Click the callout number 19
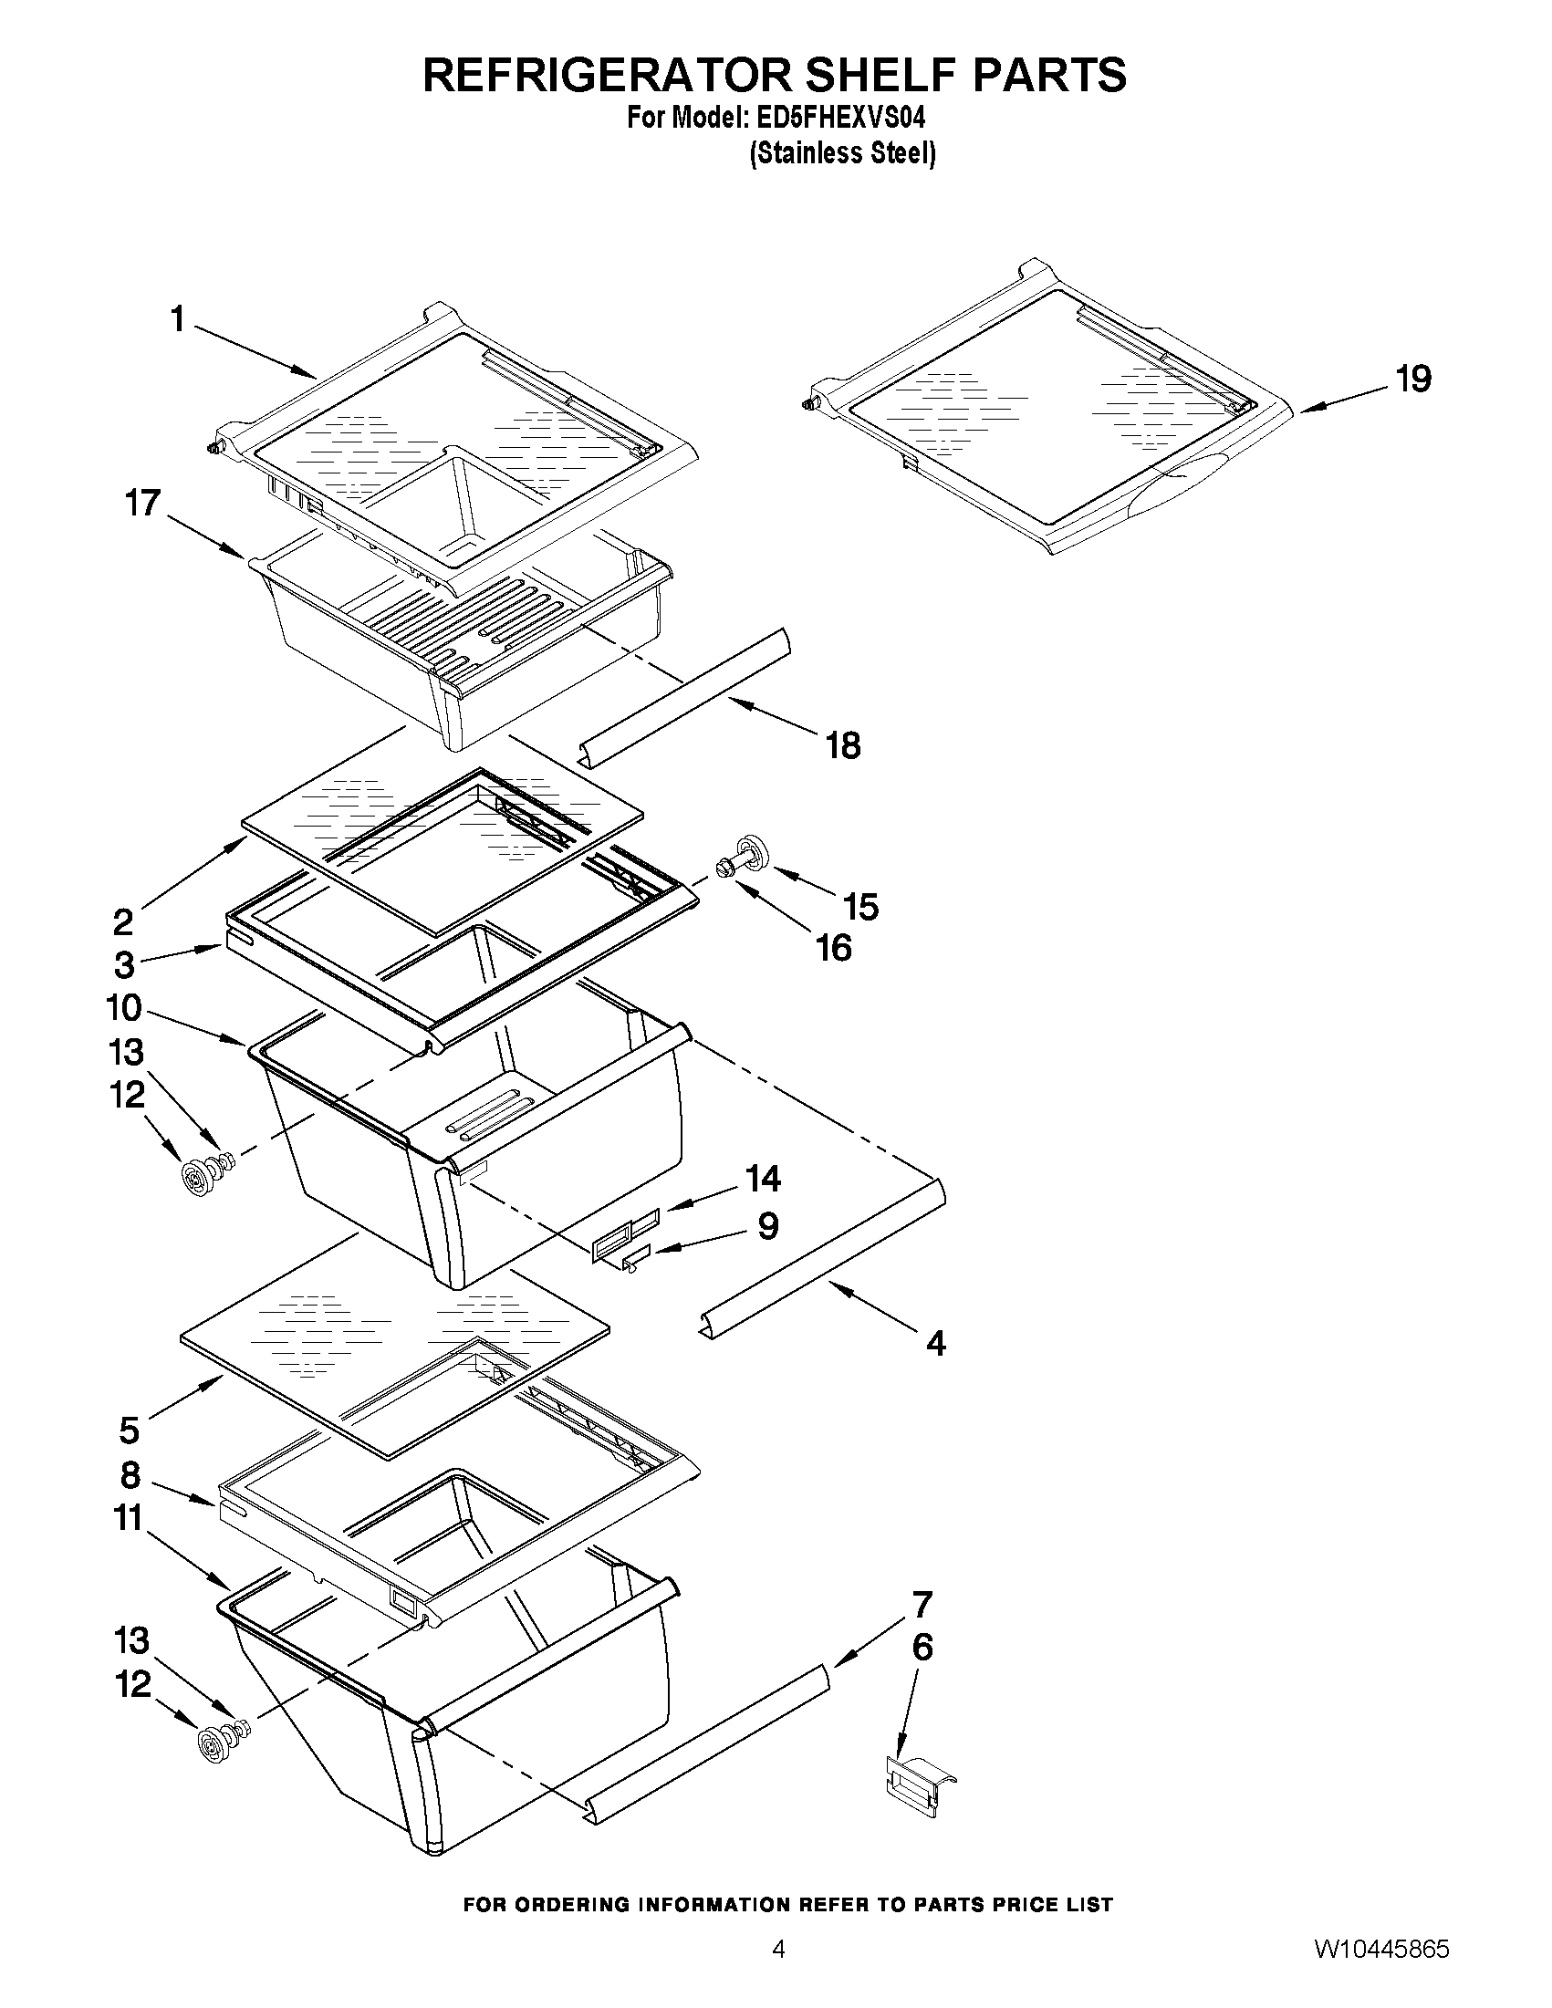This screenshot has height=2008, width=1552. click(1414, 379)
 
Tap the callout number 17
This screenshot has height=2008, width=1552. click(143, 503)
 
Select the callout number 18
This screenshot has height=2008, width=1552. click(843, 744)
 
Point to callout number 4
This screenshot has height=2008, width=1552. click(935, 1343)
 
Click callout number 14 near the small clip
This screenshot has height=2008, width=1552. click(763, 1178)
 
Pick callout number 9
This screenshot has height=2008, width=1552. click(768, 1225)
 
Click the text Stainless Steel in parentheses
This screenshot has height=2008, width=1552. click(843, 153)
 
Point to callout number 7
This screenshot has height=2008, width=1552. click(922, 1604)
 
